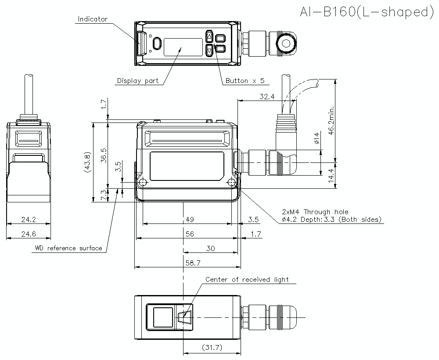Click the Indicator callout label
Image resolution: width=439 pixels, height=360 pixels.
click(92, 19)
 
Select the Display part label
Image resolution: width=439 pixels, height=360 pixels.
click(138, 81)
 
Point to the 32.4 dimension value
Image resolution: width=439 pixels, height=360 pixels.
click(266, 96)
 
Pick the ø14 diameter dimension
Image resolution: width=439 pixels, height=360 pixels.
click(317, 139)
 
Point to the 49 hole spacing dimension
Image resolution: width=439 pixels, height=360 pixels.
click(190, 220)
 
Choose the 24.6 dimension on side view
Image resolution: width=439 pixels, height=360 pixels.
click(29, 234)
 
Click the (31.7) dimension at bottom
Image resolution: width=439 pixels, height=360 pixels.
click(211, 348)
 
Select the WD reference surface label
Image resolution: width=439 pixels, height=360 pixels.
click(68, 248)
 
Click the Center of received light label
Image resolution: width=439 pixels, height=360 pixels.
click(247, 280)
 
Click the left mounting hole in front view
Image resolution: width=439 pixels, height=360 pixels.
click(142, 183)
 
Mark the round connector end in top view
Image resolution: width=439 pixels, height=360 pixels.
click(288, 43)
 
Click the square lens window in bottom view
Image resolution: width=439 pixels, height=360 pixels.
click(162, 317)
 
